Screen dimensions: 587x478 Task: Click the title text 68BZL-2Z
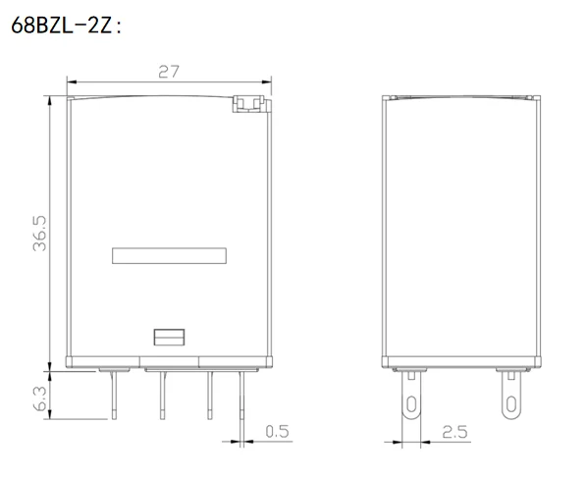[x=62, y=26]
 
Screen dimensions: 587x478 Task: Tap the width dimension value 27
[x=169, y=72]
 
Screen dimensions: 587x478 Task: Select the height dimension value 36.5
[x=39, y=233]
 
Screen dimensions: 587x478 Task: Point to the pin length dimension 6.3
[x=39, y=398]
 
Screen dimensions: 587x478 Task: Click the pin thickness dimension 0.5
[x=278, y=432]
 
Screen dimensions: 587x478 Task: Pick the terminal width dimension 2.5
[x=454, y=432]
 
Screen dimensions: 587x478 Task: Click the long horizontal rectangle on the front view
[x=169, y=255]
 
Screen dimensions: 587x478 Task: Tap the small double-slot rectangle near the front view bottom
[x=169, y=338]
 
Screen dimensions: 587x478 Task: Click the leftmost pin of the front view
[x=114, y=395]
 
